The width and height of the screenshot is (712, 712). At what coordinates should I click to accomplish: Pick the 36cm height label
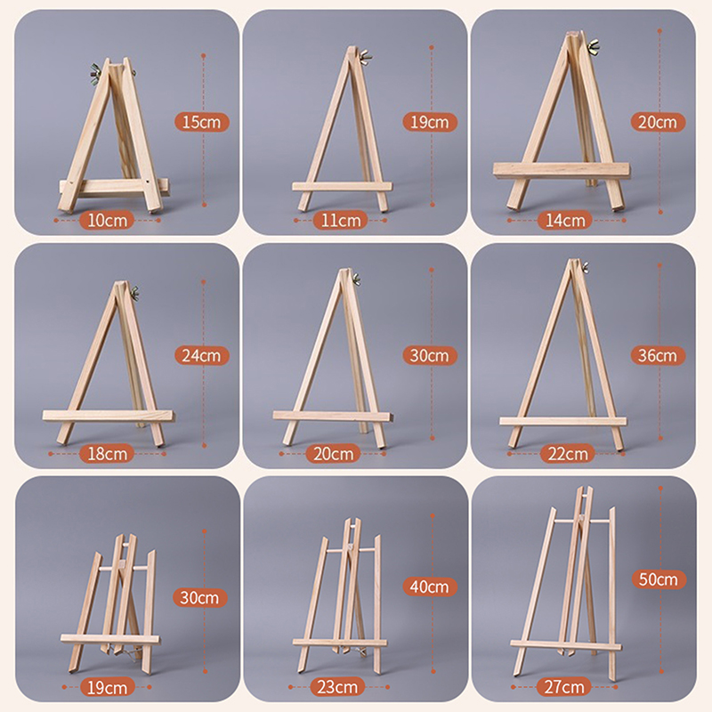(x=659, y=355)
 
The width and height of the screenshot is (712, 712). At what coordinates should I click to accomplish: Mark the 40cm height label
(x=431, y=587)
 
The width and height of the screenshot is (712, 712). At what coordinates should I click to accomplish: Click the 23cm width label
(x=339, y=686)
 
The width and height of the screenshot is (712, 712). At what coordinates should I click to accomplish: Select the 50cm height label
(x=659, y=579)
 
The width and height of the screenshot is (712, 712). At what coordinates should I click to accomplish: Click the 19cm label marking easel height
(x=431, y=122)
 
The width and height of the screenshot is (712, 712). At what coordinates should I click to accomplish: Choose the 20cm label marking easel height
(x=659, y=122)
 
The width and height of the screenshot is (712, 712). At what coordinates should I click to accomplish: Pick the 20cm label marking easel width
(x=339, y=453)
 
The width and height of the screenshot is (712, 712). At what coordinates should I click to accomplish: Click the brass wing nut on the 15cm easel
(x=96, y=69)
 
